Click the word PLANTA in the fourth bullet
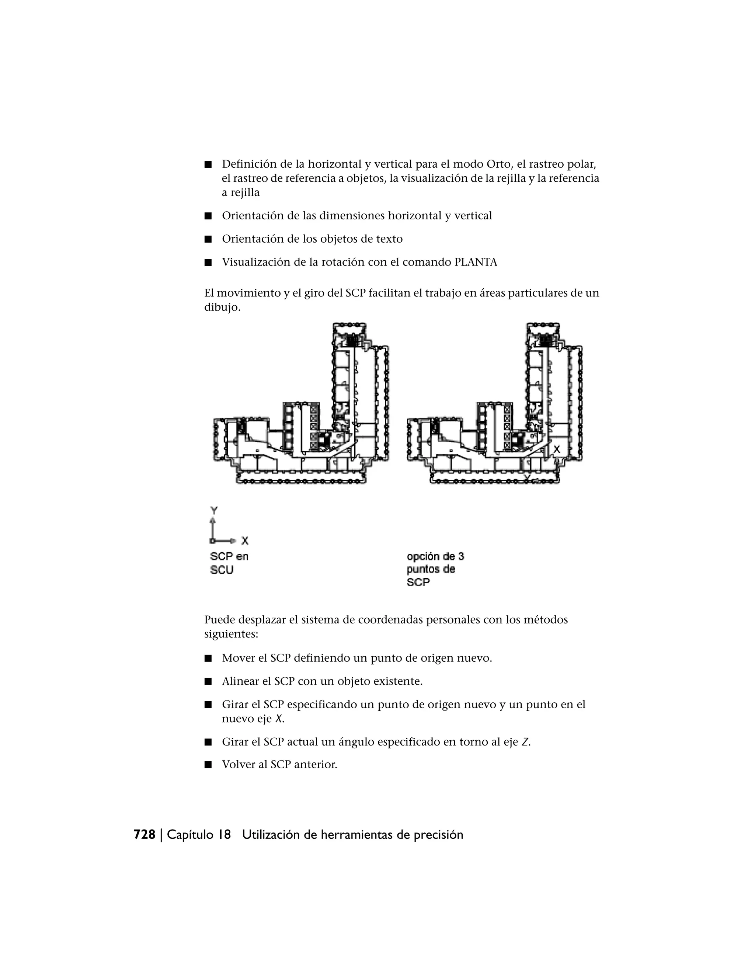click(x=476, y=262)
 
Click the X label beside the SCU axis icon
click(x=245, y=541)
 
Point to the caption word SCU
click(x=222, y=570)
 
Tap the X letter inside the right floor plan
click(x=556, y=449)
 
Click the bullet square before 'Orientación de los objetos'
click(x=208, y=239)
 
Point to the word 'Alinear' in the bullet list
click(x=240, y=681)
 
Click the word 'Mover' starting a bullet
click(x=239, y=658)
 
